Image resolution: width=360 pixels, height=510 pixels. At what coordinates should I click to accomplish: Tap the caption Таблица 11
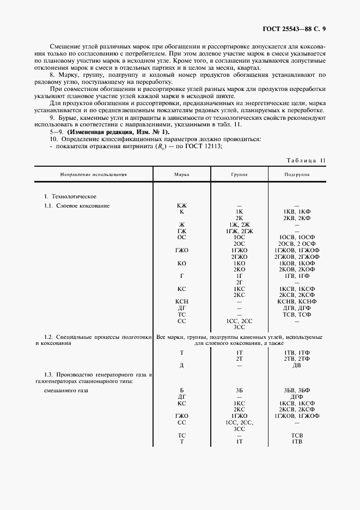305,160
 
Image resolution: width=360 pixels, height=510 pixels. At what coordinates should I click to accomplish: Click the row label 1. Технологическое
70,196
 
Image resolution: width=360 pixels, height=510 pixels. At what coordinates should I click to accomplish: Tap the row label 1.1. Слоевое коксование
77,205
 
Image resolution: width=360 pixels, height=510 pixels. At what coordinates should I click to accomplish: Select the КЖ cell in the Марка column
181,205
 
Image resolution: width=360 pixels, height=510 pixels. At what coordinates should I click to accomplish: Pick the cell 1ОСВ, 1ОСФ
297,238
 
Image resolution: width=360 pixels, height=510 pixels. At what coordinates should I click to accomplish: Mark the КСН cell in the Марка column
181,301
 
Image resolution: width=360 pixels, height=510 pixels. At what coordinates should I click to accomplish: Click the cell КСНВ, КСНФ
297,301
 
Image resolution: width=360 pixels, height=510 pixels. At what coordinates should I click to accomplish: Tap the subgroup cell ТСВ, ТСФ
297,314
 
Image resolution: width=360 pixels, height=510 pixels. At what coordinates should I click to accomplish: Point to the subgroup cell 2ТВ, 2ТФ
297,359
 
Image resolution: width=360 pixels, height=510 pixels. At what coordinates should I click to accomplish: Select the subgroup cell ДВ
297,366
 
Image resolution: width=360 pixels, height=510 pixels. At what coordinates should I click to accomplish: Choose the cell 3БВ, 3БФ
297,391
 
